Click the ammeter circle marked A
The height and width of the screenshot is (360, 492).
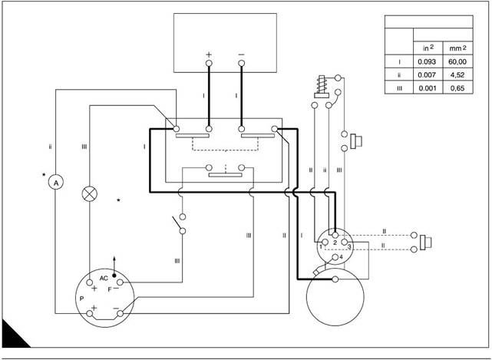(54, 183)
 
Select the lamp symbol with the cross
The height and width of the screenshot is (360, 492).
(90, 193)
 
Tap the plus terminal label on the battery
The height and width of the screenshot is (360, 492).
(209, 55)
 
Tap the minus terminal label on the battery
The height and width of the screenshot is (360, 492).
(242, 55)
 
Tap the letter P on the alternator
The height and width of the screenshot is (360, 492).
(81, 296)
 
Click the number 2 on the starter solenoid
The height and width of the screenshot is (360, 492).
(335, 242)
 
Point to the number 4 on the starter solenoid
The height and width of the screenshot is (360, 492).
(340, 256)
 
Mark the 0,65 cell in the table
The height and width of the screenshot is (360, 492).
(458, 88)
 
